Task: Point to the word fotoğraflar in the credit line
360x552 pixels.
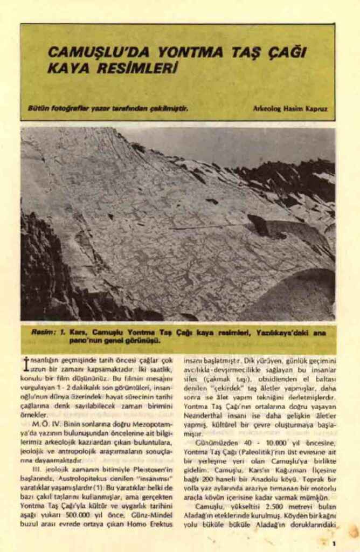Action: point(63,108)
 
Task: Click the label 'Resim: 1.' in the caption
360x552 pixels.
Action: point(49,333)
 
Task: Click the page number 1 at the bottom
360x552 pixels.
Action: point(335,543)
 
